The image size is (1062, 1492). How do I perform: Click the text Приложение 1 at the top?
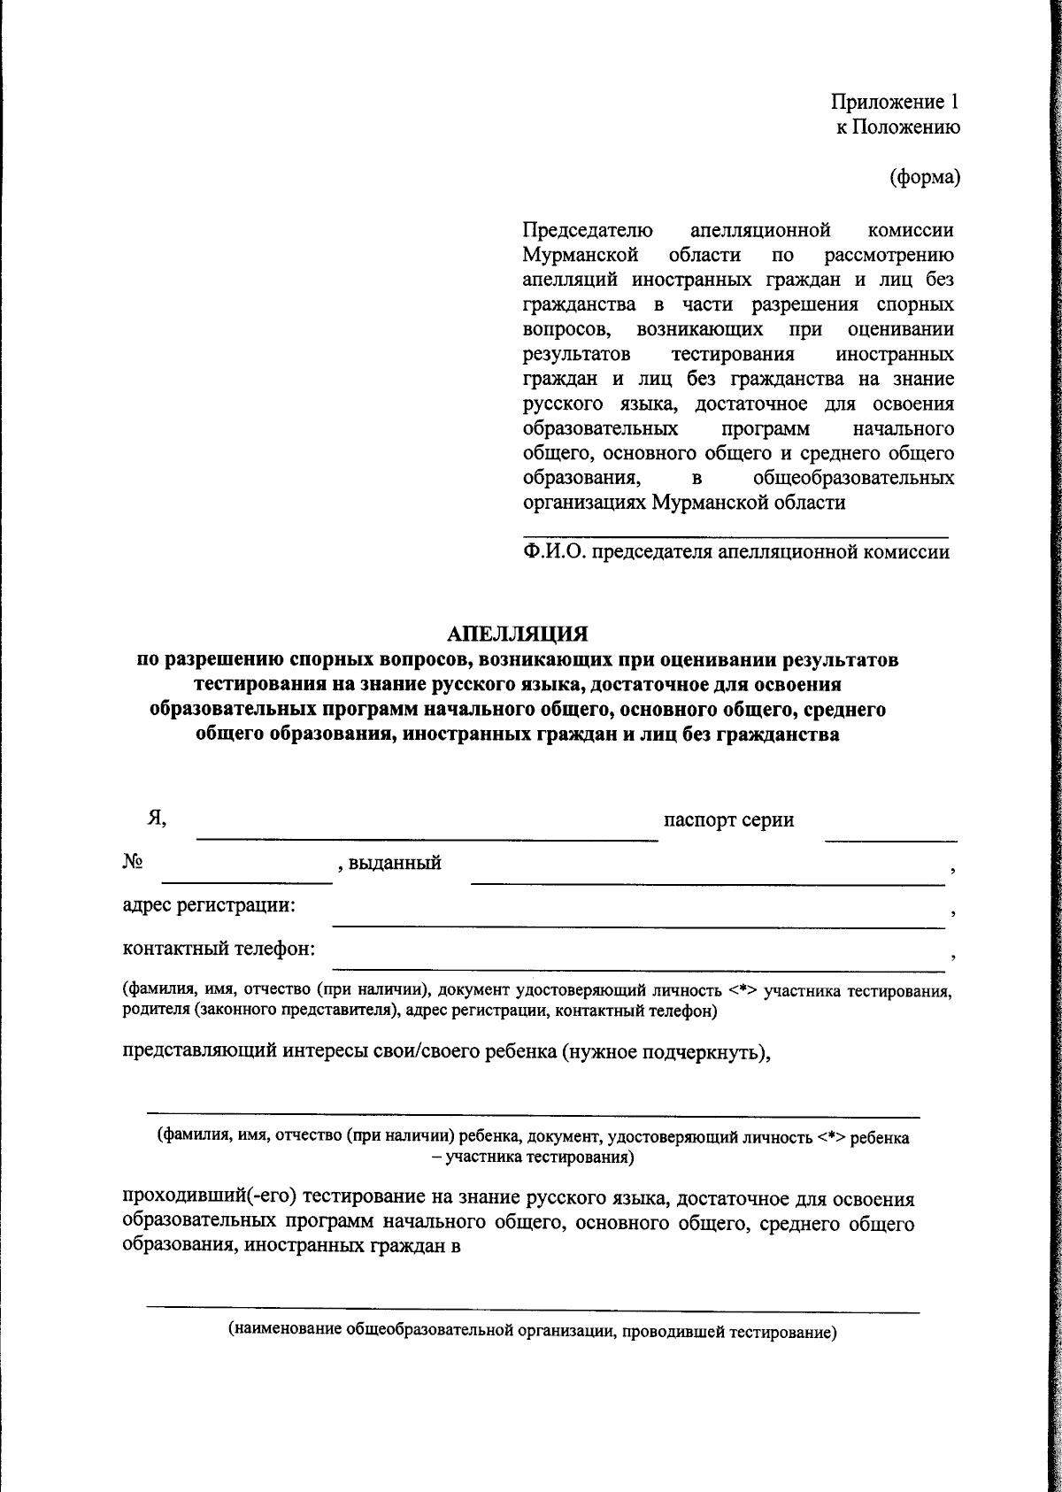point(894,102)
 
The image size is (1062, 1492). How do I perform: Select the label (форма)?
point(924,177)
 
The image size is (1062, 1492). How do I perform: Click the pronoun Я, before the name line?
point(158,819)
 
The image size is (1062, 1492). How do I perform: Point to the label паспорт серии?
point(728,819)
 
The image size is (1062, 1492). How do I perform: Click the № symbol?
point(134,862)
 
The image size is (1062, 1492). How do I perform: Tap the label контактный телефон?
point(219,950)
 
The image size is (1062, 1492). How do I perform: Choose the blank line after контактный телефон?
point(637,968)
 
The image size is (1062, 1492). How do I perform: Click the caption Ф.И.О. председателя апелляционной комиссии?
point(735,553)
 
